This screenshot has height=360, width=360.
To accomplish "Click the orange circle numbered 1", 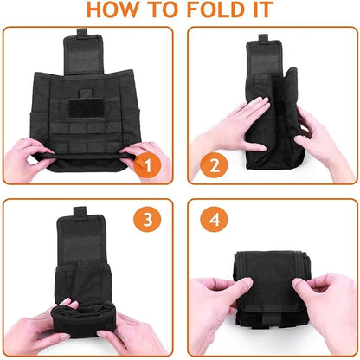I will [x=151, y=165].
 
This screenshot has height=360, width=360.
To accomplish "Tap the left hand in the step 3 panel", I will [x=35, y=329].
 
